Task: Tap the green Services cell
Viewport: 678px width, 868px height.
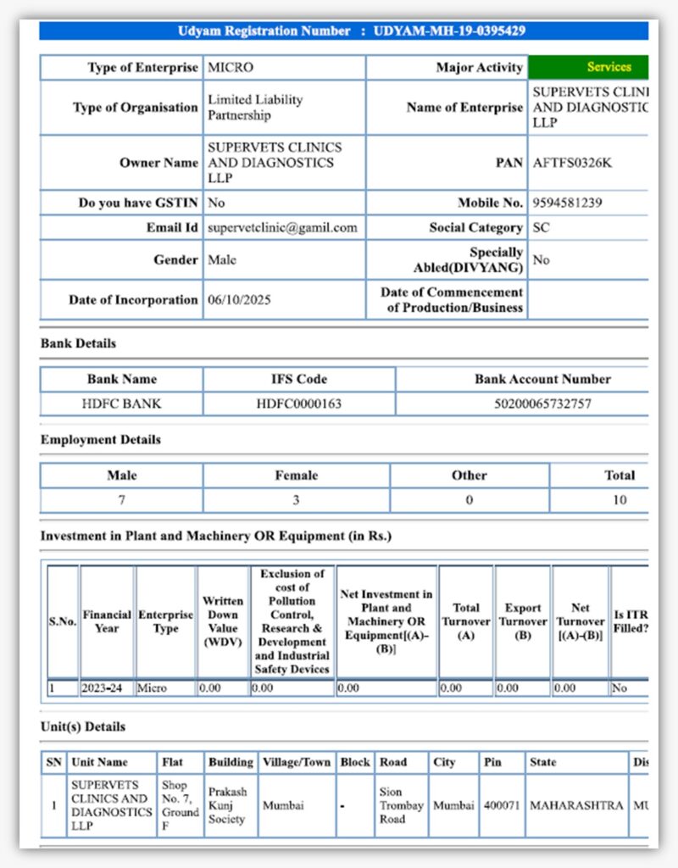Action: [x=609, y=67]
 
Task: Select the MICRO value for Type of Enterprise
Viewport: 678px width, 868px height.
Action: [x=231, y=67]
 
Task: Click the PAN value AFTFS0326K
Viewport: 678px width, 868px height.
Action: [x=572, y=163]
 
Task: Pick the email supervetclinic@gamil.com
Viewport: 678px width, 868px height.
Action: [x=282, y=227]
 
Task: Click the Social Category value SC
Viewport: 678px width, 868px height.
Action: [x=541, y=227]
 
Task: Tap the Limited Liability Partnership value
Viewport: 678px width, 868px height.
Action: [x=255, y=107]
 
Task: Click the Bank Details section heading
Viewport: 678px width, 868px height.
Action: [x=79, y=343]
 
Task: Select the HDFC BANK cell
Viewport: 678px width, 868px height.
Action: [x=121, y=403]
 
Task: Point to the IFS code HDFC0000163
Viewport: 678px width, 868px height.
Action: [x=299, y=403]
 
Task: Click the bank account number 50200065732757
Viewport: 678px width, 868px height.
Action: [x=542, y=403]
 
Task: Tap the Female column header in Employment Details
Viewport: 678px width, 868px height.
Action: [x=296, y=476]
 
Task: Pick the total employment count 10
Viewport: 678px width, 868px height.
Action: [x=620, y=500]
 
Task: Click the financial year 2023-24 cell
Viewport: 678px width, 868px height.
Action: [x=102, y=688]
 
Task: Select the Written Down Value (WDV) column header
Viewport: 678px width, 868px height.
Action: [x=223, y=621]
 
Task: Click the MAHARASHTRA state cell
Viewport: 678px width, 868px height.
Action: [x=576, y=805]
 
